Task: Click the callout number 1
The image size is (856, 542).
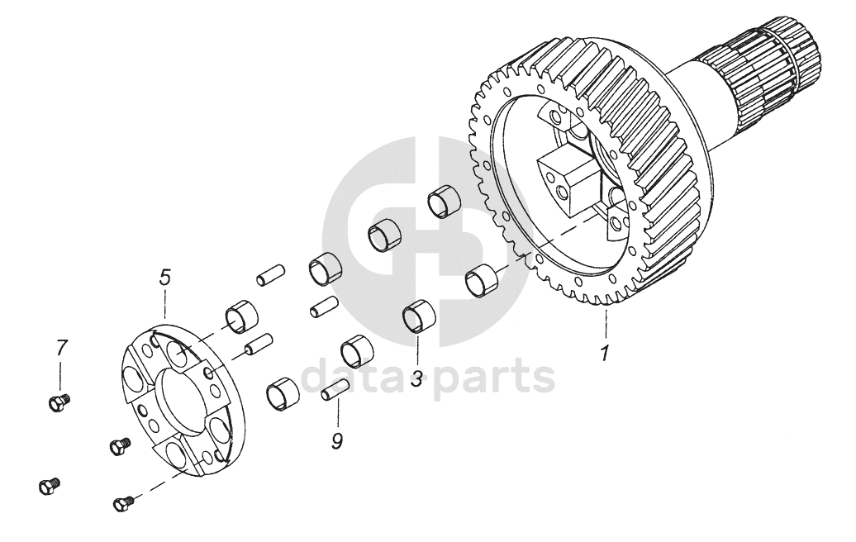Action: point(604,354)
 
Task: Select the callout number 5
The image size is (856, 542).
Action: point(165,278)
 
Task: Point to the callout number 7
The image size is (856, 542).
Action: point(61,348)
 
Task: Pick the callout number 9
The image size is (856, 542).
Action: point(337,440)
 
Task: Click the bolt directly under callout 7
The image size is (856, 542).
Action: point(59,403)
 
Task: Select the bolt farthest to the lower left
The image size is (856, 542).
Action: point(50,485)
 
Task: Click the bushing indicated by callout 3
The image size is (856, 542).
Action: point(419,316)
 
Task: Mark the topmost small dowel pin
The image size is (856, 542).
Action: point(271,274)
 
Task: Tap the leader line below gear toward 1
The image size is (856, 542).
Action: point(605,324)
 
